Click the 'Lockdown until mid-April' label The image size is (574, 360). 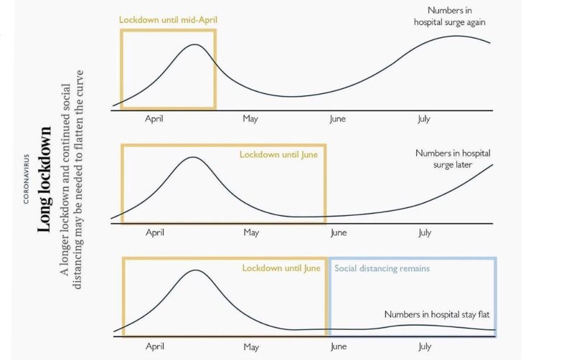168,19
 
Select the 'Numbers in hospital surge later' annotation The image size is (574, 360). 453,158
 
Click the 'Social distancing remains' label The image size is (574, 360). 382,268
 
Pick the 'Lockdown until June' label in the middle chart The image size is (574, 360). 278,154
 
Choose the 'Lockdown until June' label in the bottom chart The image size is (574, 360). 281,268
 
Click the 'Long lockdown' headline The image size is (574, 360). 44,179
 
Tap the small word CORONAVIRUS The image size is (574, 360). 27,179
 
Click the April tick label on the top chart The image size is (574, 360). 155,118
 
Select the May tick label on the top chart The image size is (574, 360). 250,118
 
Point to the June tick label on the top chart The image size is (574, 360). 337,118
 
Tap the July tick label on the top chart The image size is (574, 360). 424,118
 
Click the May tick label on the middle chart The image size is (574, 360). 251,232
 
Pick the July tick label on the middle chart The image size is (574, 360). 425,232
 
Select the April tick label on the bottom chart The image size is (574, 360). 155,346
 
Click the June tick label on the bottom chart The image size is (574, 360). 337,346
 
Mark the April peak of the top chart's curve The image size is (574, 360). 194,44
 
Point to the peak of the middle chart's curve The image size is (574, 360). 192,157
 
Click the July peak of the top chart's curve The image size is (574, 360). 457,36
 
